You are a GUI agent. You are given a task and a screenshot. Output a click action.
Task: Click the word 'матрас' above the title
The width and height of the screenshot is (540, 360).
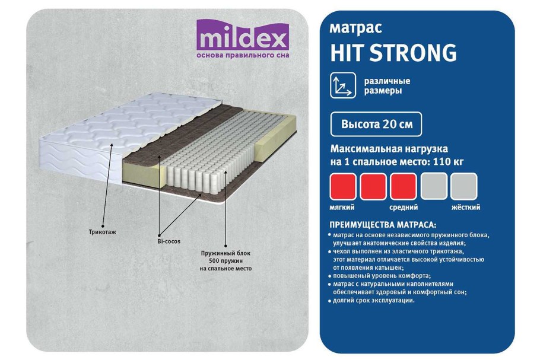(x=355, y=28)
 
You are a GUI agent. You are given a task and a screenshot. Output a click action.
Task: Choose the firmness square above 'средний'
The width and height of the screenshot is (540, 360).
(x=404, y=186)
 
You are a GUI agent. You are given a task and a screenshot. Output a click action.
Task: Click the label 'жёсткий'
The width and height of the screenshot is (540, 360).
(x=465, y=208)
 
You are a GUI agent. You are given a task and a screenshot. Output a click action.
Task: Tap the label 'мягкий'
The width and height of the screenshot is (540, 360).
(x=342, y=208)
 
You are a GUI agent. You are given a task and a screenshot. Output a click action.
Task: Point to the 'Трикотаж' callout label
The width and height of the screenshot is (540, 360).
(x=104, y=232)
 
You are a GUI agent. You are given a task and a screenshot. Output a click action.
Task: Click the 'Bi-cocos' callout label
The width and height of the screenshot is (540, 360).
(x=169, y=241)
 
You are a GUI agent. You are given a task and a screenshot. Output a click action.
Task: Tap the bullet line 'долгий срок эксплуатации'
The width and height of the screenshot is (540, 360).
(x=373, y=301)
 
